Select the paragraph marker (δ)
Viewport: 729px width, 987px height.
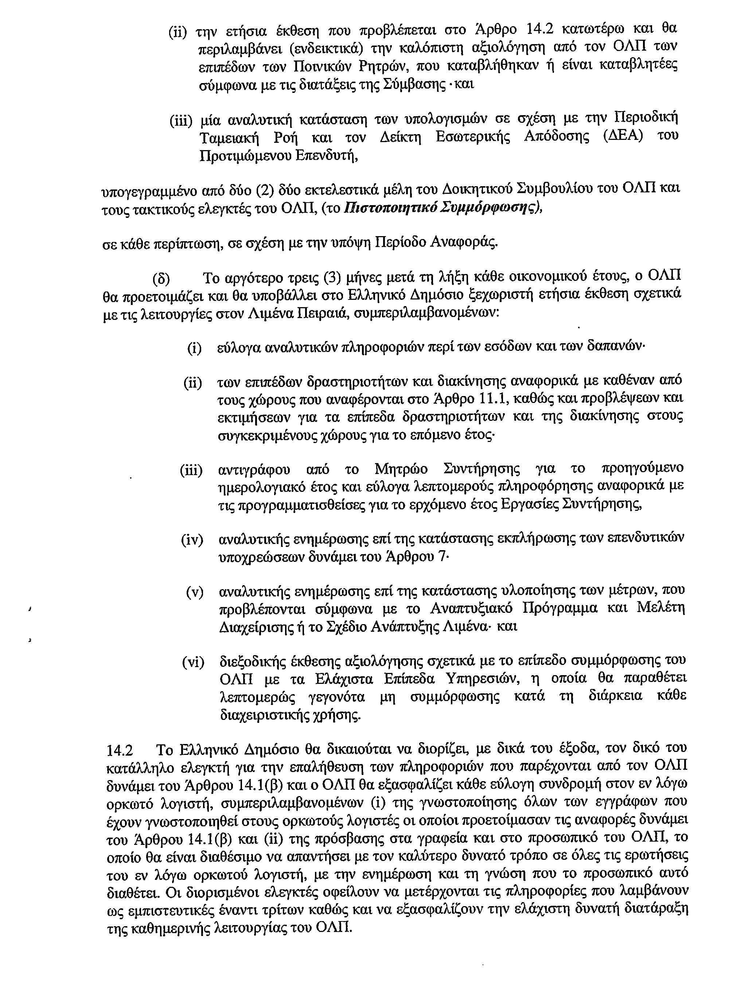[161, 279]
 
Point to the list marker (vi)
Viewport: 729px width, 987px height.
[193, 662]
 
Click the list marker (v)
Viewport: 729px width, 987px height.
[195, 592]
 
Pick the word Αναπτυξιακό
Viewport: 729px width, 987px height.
[471, 609]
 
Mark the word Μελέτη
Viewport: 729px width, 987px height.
[660, 609]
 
